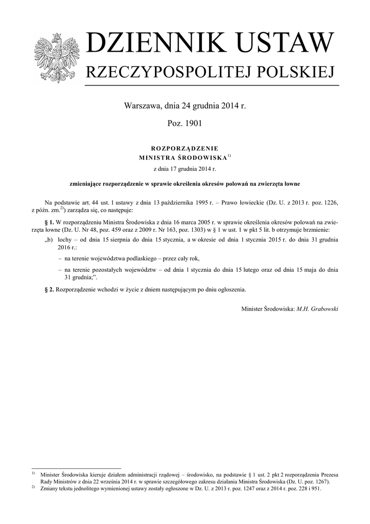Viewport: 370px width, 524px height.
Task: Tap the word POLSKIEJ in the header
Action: (294, 73)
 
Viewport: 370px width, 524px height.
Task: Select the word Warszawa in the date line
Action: (142, 107)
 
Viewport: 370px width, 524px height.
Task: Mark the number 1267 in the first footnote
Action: (320, 482)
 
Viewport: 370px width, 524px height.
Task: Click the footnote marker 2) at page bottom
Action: (33, 487)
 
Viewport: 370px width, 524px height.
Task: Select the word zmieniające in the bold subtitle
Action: (86, 183)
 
